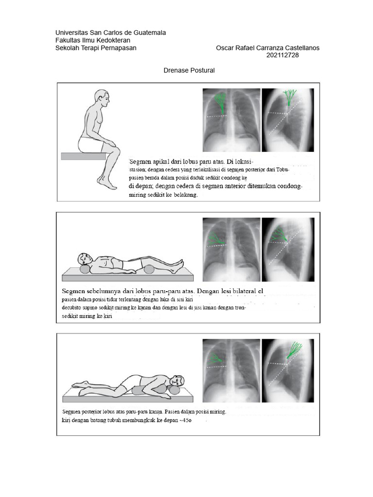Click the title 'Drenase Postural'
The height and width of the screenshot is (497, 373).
pyautogui.click(x=188, y=70)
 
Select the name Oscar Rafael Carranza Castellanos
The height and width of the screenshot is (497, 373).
pyautogui.click(x=268, y=48)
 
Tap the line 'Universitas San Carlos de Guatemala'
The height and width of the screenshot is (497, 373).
pyautogui.click(x=110, y=33)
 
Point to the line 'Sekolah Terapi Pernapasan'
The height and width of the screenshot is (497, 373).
pyautogui.click(x=96, y=48)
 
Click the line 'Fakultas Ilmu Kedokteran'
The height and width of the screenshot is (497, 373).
pyautogui.click(x=93, y=40)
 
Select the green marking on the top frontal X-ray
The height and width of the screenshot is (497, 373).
pyautogui.click(x=220, y=103)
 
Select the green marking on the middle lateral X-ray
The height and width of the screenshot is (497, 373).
pyautogui.click(x=279, y=235)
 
